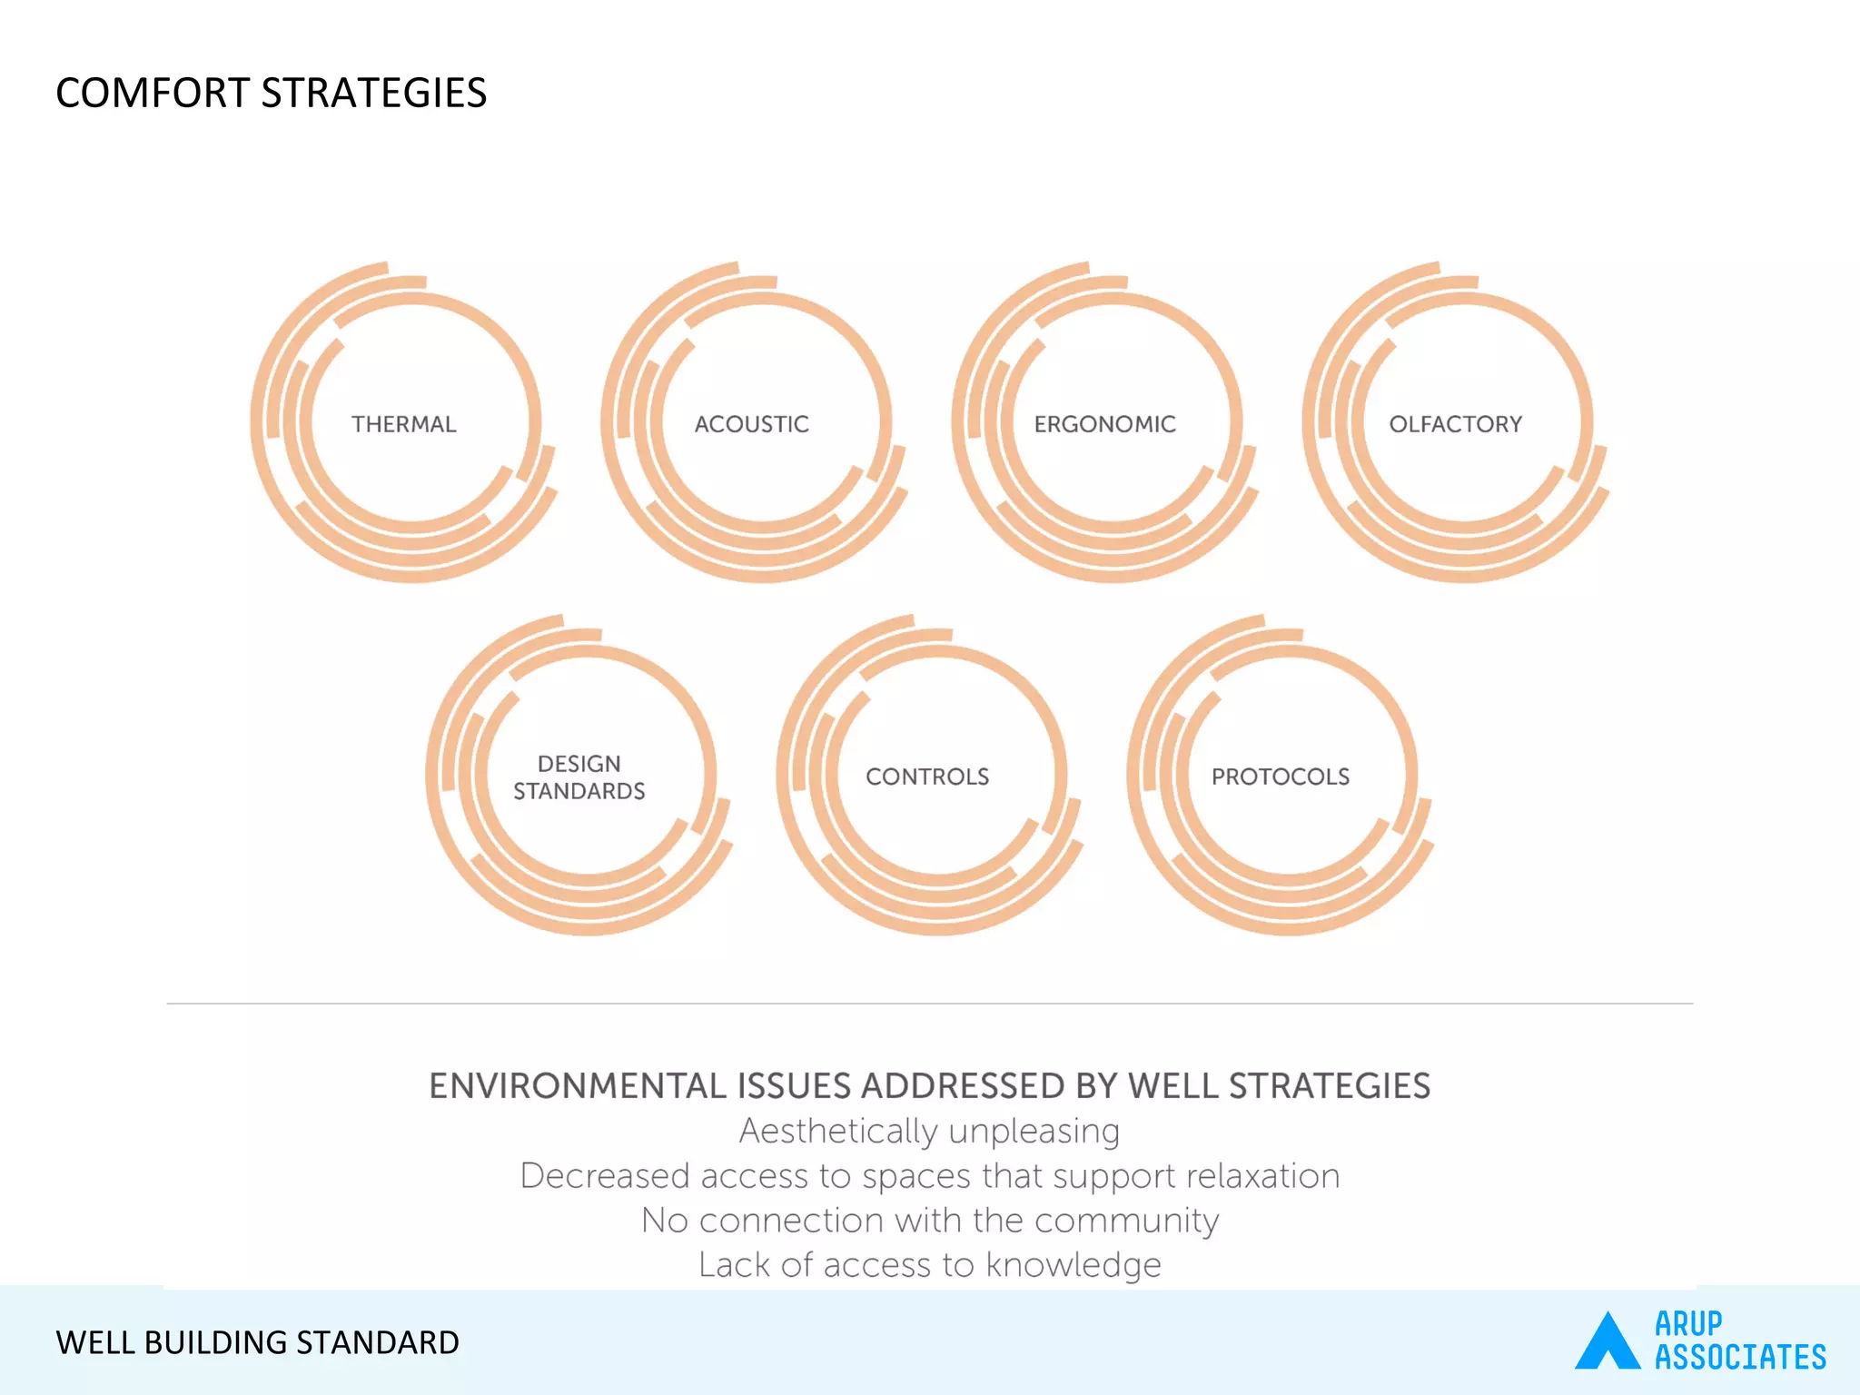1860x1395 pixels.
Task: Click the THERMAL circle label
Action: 404,424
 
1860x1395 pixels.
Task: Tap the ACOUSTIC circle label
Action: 751,424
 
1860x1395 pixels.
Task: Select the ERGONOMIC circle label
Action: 1104,424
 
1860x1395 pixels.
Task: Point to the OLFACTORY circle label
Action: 1455,424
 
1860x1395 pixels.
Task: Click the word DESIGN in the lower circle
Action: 579,764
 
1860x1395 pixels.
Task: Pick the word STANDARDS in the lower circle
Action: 579,791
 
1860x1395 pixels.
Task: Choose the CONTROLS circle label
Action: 927,777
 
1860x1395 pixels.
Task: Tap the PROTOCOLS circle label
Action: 1280,777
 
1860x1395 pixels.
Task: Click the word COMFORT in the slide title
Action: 152,94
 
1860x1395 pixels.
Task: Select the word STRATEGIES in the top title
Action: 373,94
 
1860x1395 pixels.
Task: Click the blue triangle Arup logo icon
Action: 1607,1342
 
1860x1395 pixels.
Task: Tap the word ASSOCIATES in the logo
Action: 1739,1357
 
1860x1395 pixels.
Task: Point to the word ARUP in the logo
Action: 1687,1323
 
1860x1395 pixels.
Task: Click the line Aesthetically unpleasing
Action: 929,1132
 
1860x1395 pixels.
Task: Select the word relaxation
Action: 1262,1176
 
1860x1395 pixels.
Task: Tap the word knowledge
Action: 1073,1265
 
